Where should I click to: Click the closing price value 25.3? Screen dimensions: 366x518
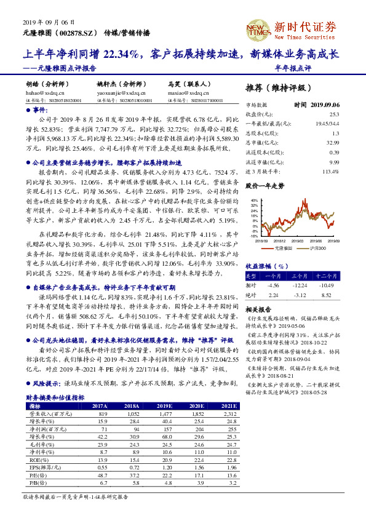tap(334, 114)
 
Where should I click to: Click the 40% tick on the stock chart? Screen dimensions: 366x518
tap(252, 201)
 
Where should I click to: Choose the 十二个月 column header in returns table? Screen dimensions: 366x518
tap(325, 276)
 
